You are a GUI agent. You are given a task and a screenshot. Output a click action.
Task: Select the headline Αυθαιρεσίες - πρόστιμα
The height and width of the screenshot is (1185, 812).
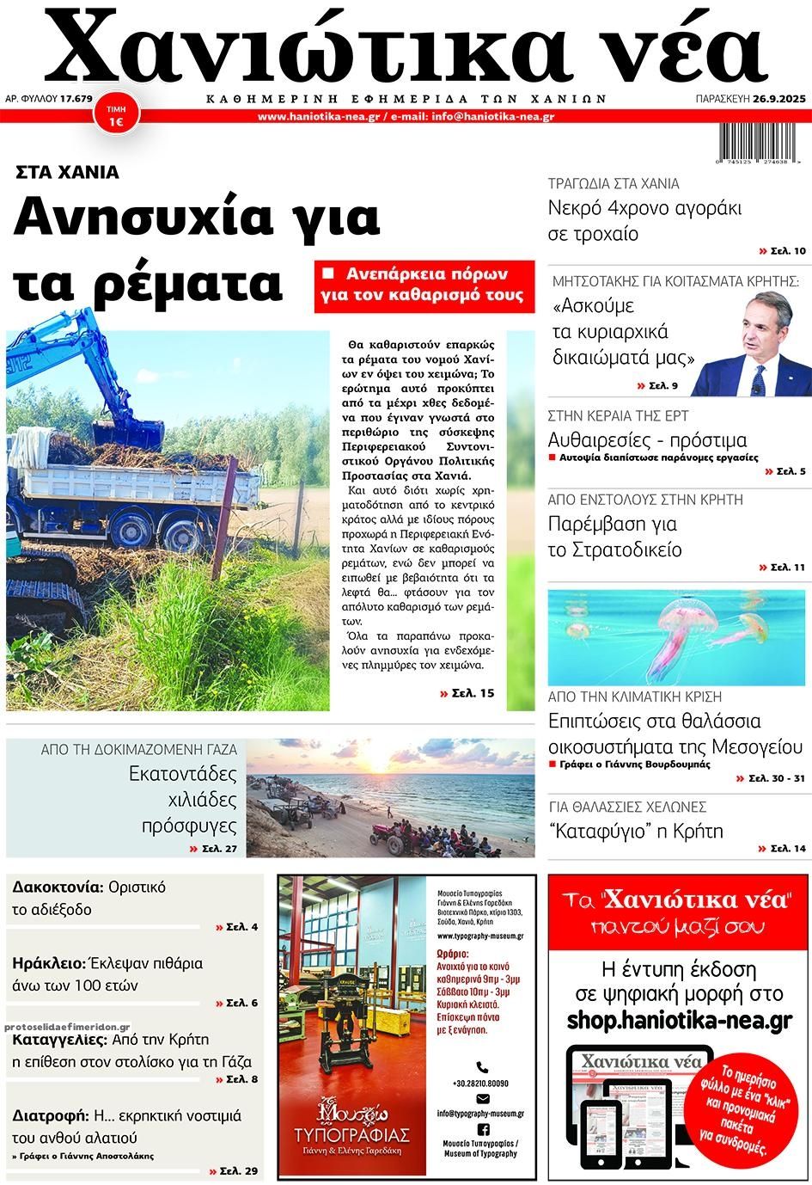(647, 440)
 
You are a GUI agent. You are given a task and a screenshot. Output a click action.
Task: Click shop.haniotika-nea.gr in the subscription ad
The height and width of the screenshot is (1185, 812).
(679, 1020)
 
